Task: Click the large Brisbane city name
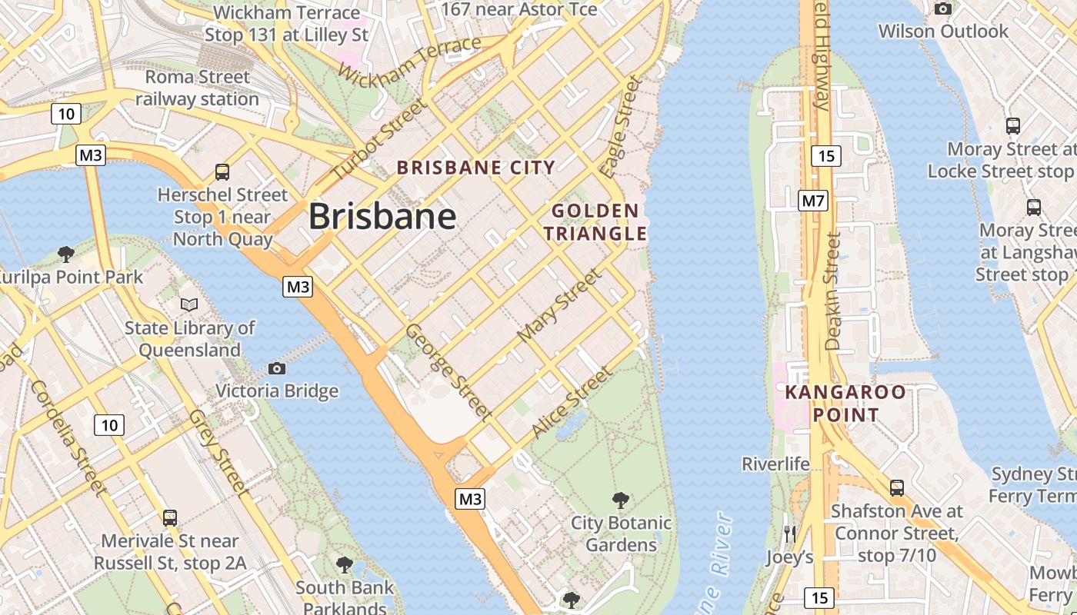click(x=382, y=217)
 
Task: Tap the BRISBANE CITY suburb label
click(x=475, y=168)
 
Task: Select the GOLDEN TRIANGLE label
click(x=599, y=222)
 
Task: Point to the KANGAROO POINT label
click(x=845, y=404)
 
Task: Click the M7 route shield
click(x=812, y=201)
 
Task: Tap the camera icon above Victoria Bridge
click(x=277, y=369)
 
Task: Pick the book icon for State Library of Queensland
click(x=189, y=305)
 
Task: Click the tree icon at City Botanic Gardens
click(x=620, y=501)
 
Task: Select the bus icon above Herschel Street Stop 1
click(x=222, y=172)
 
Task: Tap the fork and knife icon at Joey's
click(x=789, y=534)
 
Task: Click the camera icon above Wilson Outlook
click(x=942, y=9)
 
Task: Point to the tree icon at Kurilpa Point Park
click(x=66, y=254)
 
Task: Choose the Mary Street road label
click(x=559, y=305)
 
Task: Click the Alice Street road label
click(x=572, y=403)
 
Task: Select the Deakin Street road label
click(x=833, y=293)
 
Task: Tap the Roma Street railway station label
click(x=198, y=88)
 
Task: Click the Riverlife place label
click(x=775, y=464)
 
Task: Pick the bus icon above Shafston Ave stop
click(x=896, y=487)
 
